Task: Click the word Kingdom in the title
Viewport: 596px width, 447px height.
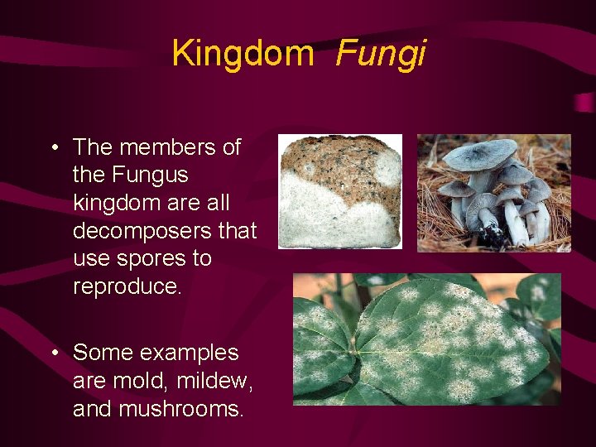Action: [243, 54]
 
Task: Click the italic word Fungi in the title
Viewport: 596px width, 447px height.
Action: [381, 54]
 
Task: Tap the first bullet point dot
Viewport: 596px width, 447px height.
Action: [53, 148]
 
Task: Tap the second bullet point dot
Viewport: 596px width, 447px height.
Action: [53, 353]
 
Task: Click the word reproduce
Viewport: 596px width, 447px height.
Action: [126, 286]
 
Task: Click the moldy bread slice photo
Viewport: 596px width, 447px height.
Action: [339, 191]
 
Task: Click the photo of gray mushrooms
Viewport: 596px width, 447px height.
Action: [493, 193]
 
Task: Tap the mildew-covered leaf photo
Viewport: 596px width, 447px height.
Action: [426, 339]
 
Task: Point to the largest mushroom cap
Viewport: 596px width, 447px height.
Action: [480, 155]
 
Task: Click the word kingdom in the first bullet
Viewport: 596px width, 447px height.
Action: [108, 203]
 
